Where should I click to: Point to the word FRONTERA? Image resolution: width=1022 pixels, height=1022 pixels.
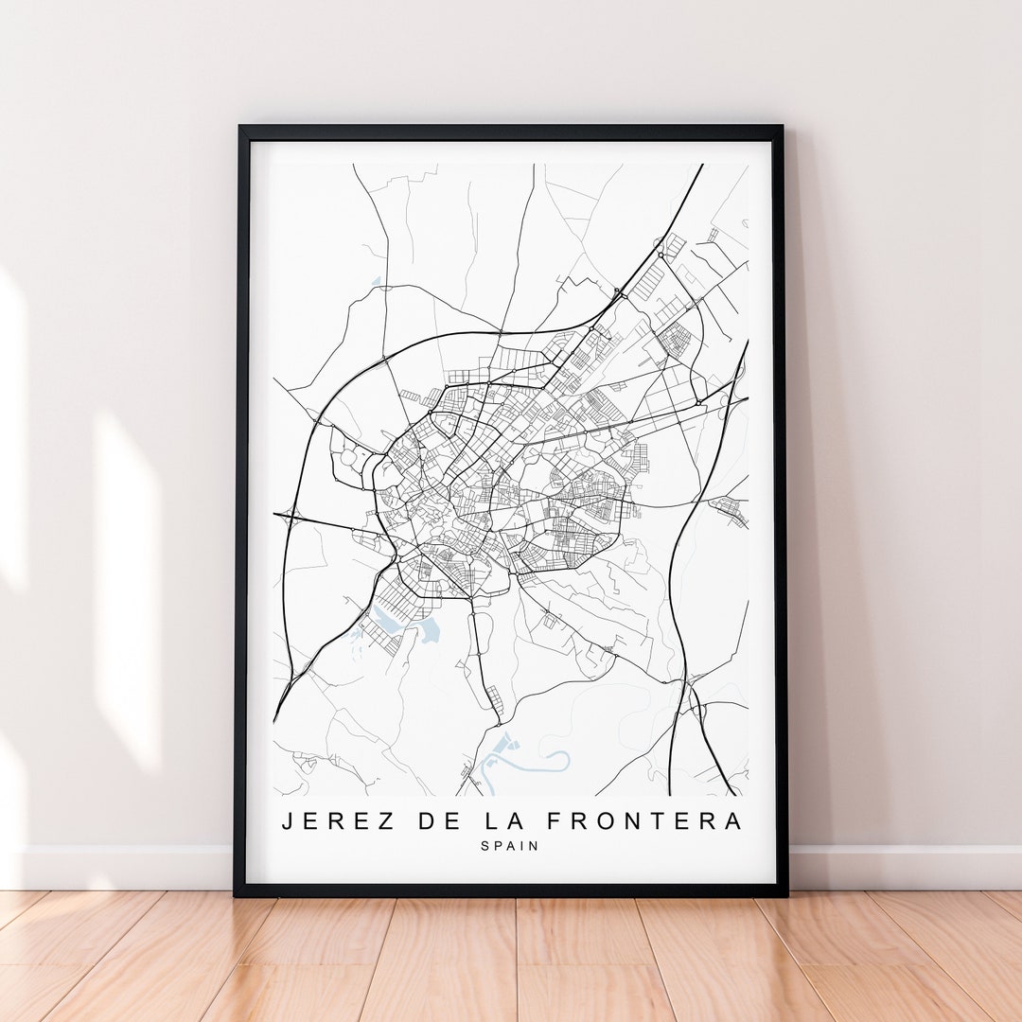pyautogui.click(x=643, y=821)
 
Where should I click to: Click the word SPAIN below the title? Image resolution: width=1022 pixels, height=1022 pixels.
pyautogui.click(x=511, y=846)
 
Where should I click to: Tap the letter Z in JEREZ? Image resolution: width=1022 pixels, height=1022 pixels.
pyautogui.click(x=386, y=821)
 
